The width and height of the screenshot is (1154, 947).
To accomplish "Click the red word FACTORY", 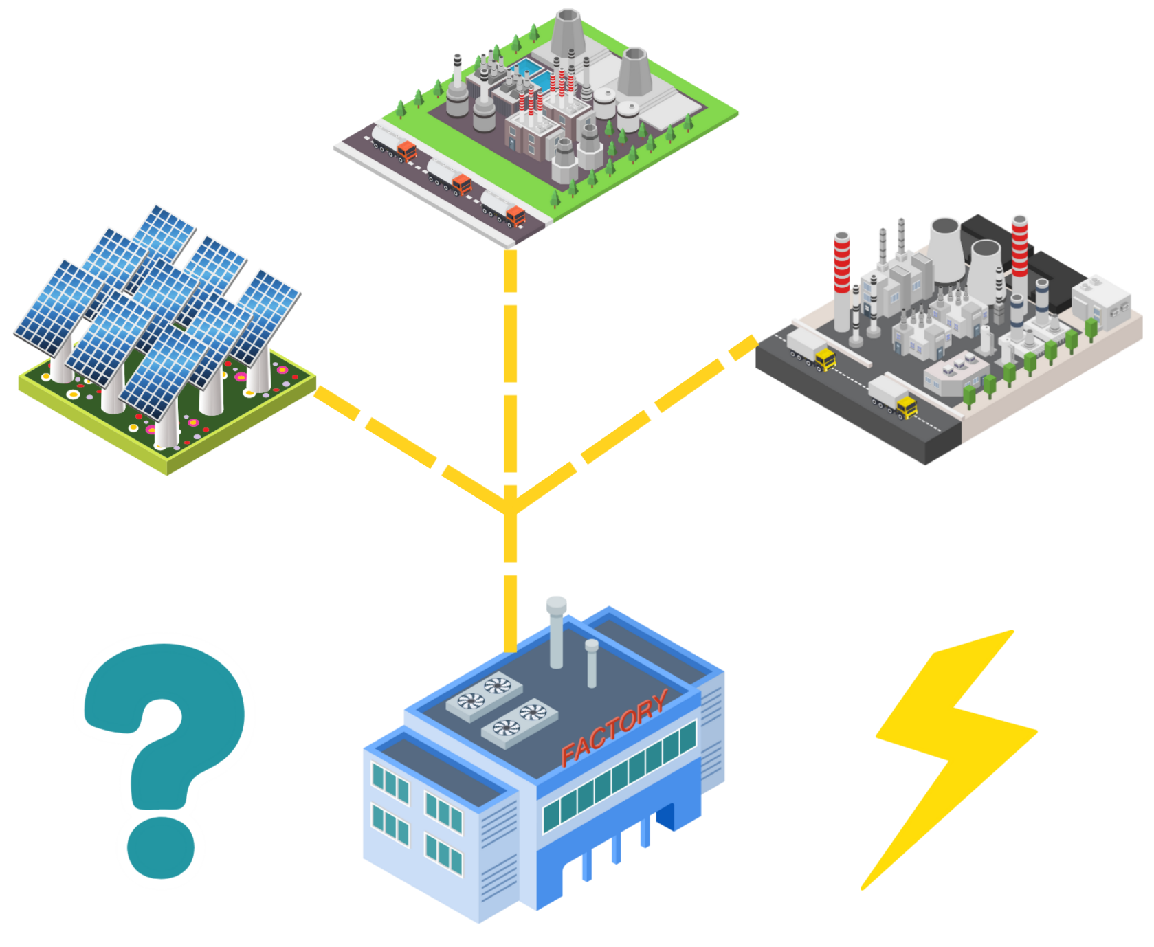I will (614, 726).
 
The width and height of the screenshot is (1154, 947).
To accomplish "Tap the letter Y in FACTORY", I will (658, 702).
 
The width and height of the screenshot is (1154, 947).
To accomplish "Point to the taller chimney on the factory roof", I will (557, 632).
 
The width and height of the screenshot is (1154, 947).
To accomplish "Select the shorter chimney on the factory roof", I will (591, 662).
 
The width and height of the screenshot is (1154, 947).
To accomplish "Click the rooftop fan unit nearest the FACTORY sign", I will (520, 721).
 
